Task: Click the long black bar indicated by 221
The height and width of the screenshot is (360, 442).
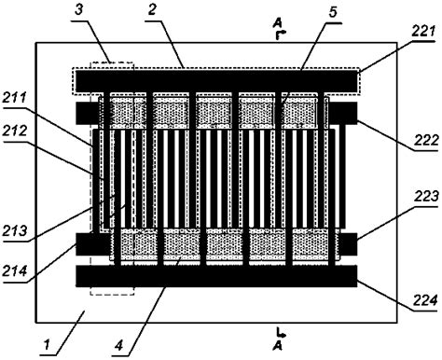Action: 214,81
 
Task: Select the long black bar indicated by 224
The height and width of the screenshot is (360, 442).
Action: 214,277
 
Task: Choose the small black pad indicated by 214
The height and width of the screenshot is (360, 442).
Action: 90,243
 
